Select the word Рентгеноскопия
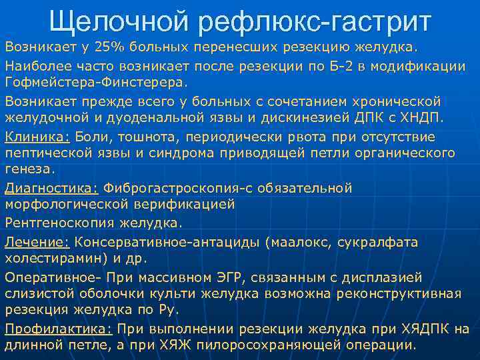tap(53, 222)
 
